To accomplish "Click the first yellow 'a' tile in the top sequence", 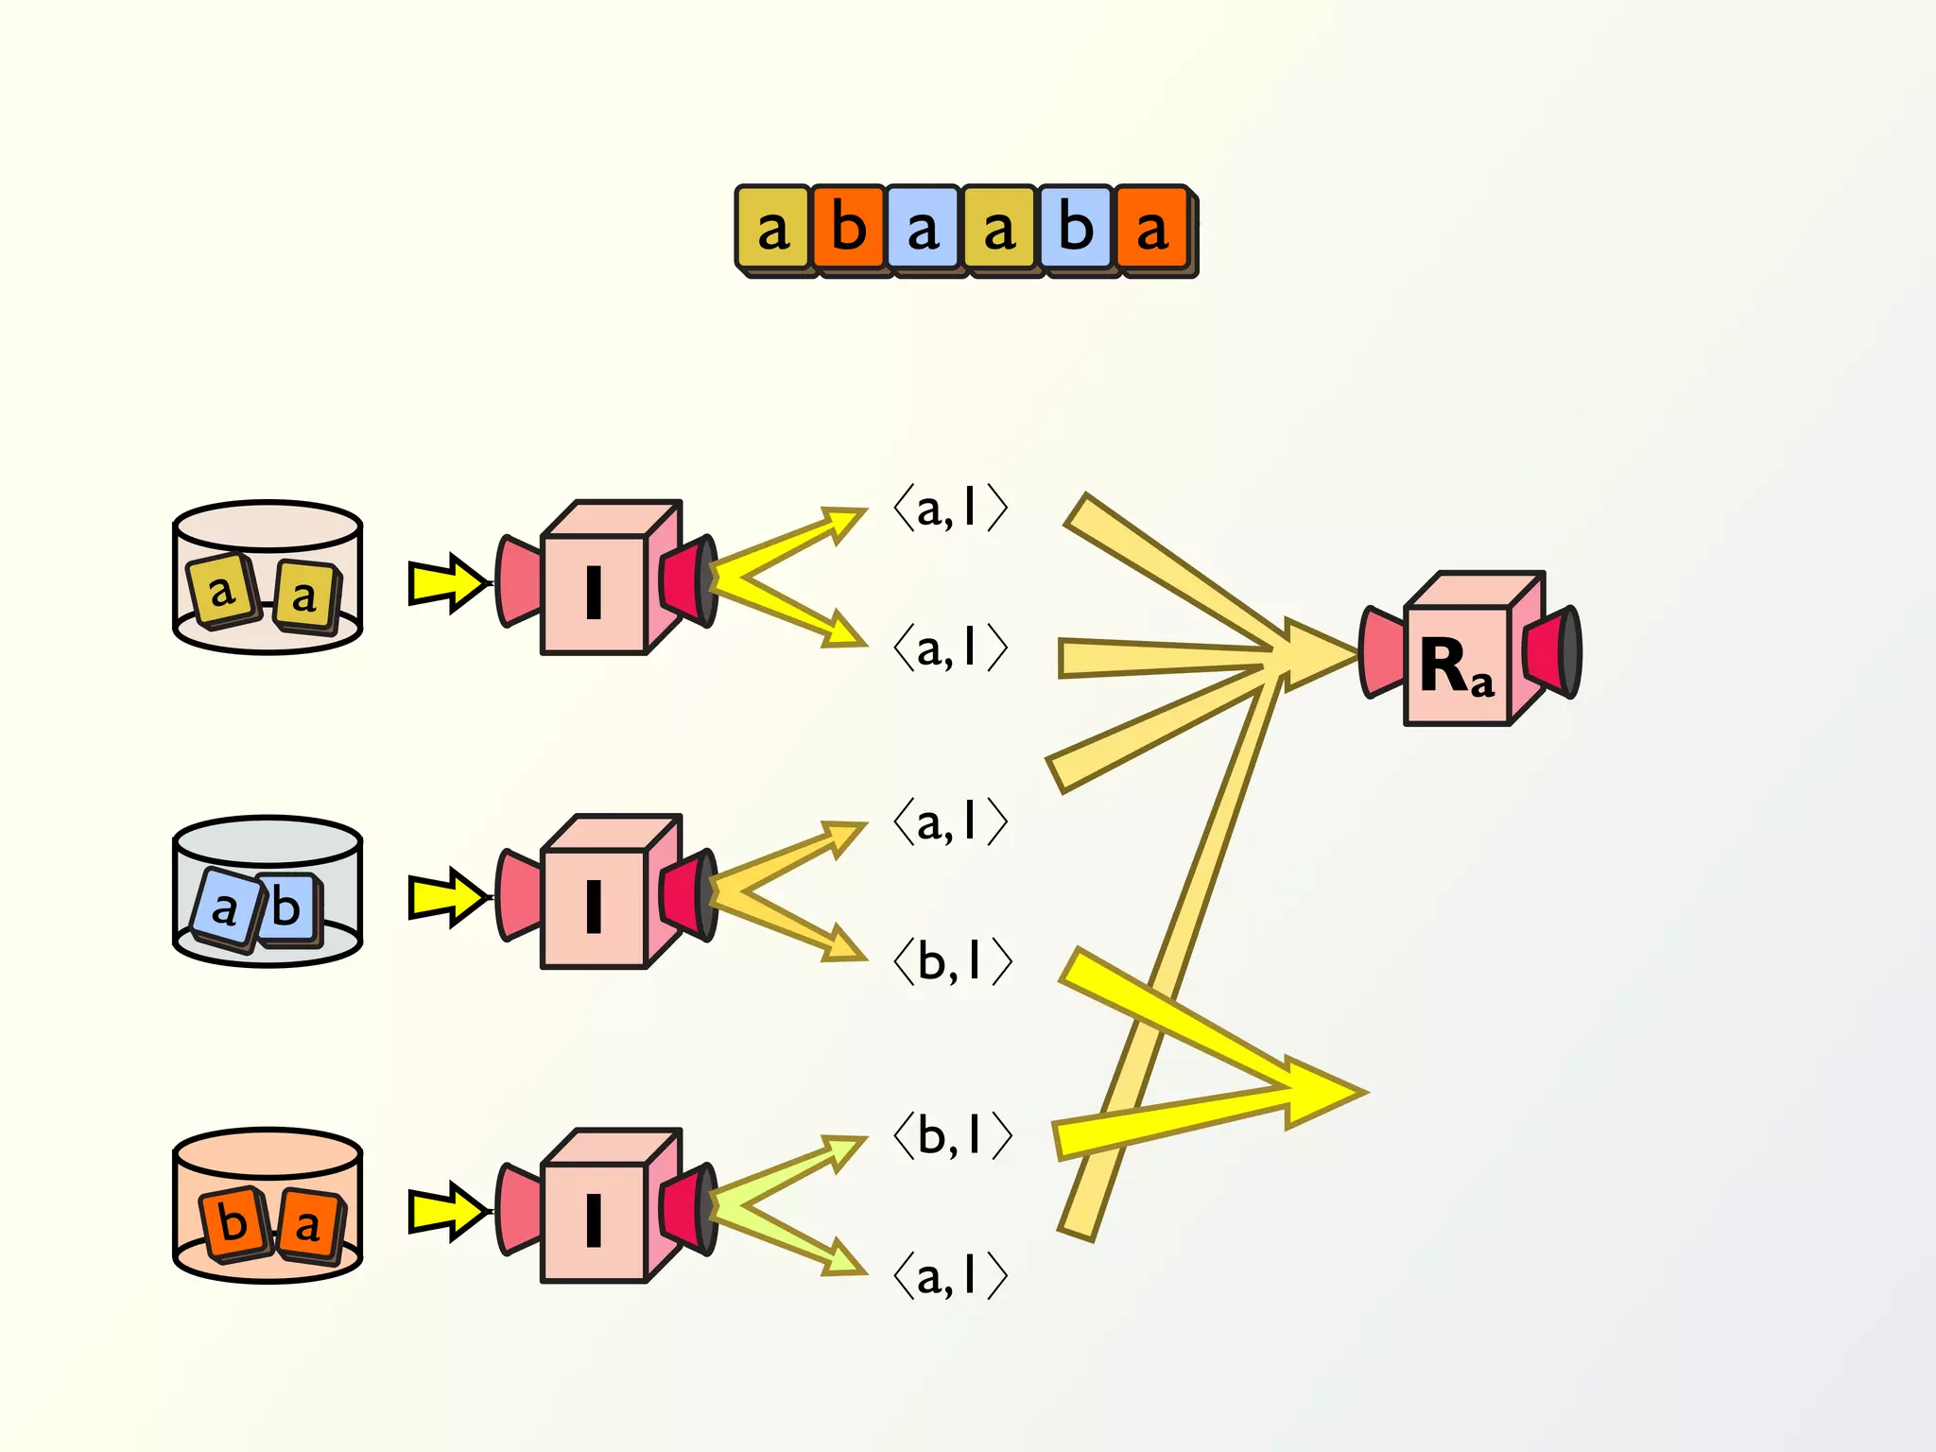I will pyautogui.click(x=772, y=229).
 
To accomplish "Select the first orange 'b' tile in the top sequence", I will pyautogui.click(x=848, y=229).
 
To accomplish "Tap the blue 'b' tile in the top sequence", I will pyautogui.click(x=1076, y=229).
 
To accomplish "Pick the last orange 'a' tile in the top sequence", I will pyautogui.click(x=1151, y=229).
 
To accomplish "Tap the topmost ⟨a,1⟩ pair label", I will pyautogui.click(x=951, y=509).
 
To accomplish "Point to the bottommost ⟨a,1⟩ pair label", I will pyautogui.click(x=951, y=1276).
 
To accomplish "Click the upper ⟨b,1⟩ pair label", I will pyautogui.click(x=953, y=961).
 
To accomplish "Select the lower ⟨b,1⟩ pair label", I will pyautogui.click(x=953, y=1134).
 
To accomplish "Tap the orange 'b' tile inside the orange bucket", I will pyautogui.click(x=232, y=1222).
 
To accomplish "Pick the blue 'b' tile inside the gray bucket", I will pyautogui.click(x=286, y=908).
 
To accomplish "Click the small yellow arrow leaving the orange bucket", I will pyautogui.click(x=447, y=1211).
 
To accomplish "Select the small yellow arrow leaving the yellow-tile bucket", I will pyautogui.click(x=447, y=583).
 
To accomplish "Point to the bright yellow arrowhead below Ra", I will pyautogui.click(x=1323, y=1093).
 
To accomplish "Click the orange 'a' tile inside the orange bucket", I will pyautogui.click(x=308, y=1226).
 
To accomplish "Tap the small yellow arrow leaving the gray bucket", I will pyautogui.click(x=447, y=897).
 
